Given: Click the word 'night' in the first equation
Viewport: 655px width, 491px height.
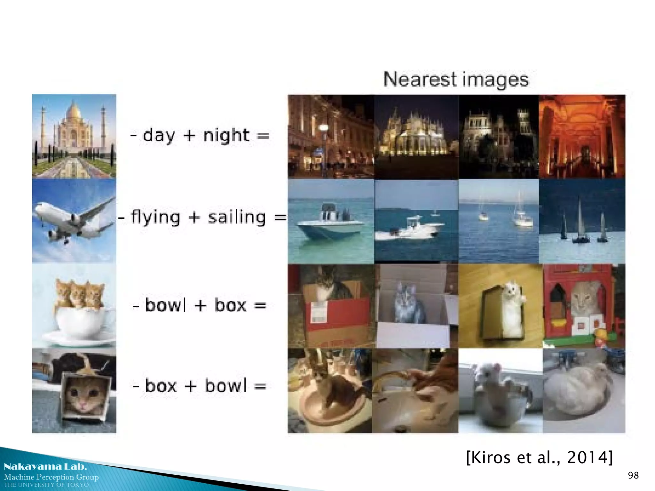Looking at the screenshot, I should coord(226,136).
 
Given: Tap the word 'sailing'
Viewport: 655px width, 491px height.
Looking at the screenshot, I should coord(237,217).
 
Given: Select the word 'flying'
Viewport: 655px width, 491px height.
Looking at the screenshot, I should coord(155,217).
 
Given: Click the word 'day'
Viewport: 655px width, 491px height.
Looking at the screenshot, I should coord(159,136).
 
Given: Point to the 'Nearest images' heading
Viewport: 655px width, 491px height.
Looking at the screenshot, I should coord(456,79).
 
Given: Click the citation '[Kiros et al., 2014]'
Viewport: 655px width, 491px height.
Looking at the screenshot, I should coord(539,457).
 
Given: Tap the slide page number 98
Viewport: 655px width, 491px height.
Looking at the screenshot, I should coord(633,475).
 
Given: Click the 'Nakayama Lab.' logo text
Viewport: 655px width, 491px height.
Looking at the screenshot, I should coord(45,466).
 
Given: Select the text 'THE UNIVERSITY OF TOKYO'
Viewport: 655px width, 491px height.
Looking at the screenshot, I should coord(46,485).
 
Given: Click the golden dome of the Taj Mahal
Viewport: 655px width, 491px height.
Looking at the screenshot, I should coord(74,111).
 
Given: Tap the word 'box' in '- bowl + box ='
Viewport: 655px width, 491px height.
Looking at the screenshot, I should coord(230,305).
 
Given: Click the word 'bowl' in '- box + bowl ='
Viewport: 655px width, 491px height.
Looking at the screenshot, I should coord(226,386).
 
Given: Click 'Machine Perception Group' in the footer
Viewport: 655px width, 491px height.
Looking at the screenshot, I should coord(51,477).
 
